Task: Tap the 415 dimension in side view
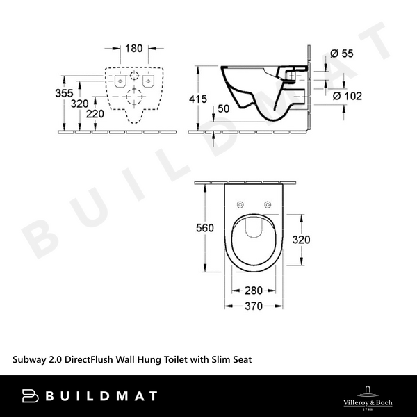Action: pos(198,99)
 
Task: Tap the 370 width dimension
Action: pos(252,306)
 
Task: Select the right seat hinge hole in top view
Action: pos(268,204)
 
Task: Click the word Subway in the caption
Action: pos(31,359)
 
